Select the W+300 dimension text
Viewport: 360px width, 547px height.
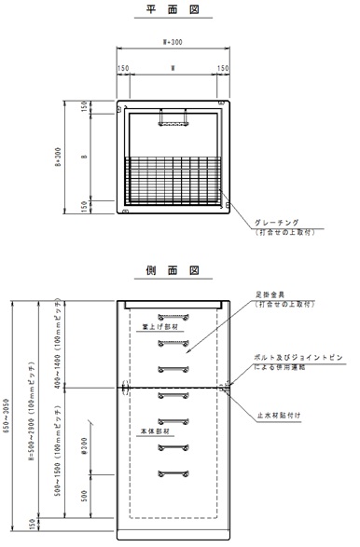pos(173,43)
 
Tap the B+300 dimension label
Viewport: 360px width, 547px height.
pos(58,155)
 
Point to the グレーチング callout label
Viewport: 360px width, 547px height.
pos(277,222)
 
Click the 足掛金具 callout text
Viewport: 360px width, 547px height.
pos(270,294)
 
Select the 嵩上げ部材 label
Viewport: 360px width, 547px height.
pos(148,327)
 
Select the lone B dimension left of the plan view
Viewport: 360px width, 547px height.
pos(84,156)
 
